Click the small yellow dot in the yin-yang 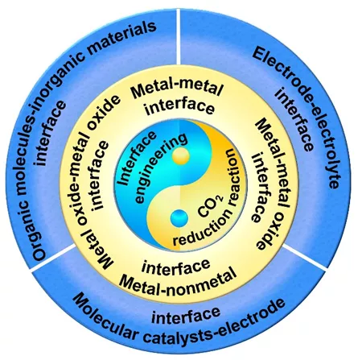[x=181, y=156]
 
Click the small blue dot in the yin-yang [x=179, y=218]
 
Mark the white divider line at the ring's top [x=179, y=36]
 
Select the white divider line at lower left [x=54, y=258]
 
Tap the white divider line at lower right [x=304, y=256]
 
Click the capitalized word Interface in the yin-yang [x=138, y=159]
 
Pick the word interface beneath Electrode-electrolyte [x=294, y=120]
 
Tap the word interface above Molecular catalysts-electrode [x=186, y=315]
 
